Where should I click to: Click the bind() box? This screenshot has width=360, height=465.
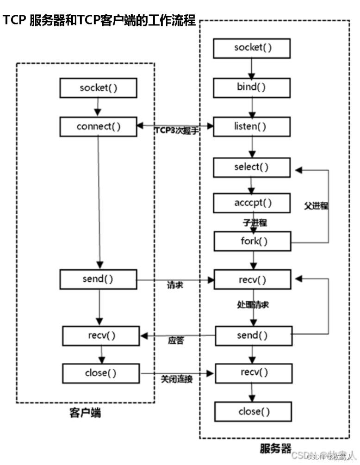coord(252,87)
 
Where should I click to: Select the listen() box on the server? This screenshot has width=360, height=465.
coord(252,126)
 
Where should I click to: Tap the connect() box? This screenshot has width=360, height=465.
coord(98,127)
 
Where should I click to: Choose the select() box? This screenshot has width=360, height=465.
coord(252,167)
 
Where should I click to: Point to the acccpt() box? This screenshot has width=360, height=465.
coord(252,202)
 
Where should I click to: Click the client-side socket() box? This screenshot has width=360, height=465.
coord(98,87)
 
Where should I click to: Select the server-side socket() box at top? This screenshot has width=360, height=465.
coord(252,47)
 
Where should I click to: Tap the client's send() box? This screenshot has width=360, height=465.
coord(98,279)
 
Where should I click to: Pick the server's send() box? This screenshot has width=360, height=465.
coord(253,335)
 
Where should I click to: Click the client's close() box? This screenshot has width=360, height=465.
coord(100,373)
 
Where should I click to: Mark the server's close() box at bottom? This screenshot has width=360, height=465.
coord(253,411)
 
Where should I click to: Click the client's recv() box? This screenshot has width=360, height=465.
coord(100,335)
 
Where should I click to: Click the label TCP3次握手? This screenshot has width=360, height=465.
coord(176,131)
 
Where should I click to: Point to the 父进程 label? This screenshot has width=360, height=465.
coord(316,205)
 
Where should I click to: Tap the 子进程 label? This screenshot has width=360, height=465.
coord(255,223)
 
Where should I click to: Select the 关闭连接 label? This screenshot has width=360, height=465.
coord(176,379)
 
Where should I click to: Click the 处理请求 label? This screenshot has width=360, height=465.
coord(253,304)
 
